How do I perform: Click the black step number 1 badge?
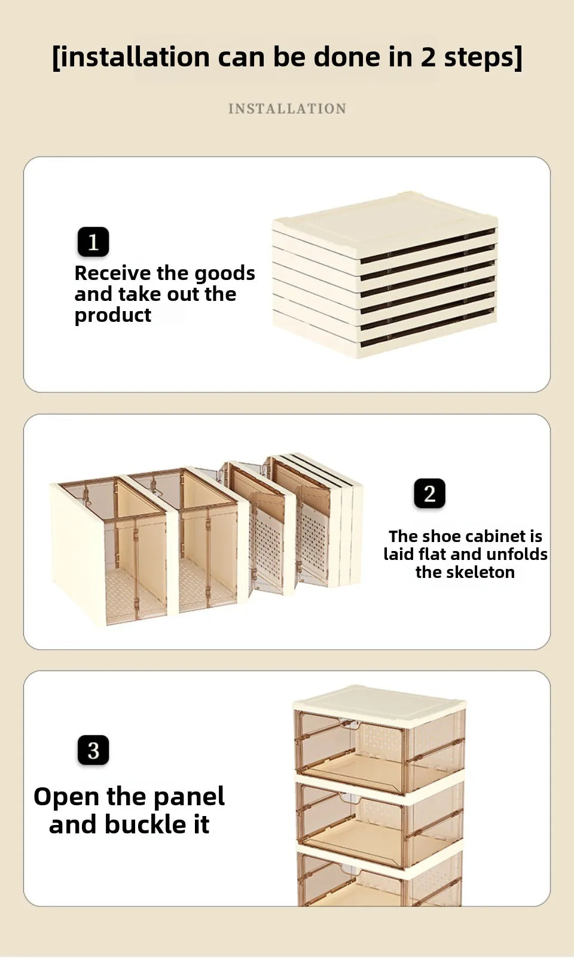[x=93, y=242]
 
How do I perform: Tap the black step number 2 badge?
[x=430, y=493]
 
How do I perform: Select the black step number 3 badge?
[x=93, y=750]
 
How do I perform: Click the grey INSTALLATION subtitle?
[x=287, y=109]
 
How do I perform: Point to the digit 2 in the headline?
[x=428, y=57]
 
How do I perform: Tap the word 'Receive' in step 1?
[x=112, y=273]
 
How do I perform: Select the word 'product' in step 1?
[x=113, y=316]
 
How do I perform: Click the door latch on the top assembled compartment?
[x=350, y=724]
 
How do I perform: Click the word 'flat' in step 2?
[x=432, y=554]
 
